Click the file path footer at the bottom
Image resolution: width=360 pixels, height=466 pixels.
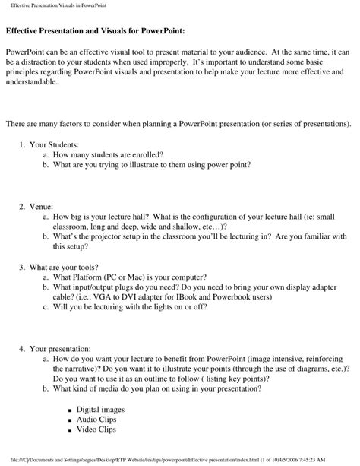(180, 459)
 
